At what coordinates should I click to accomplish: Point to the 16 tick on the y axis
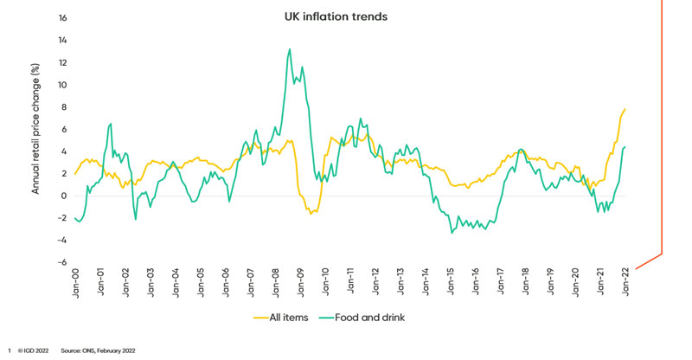pos(61,18)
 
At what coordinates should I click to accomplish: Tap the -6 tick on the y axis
pos(61,262)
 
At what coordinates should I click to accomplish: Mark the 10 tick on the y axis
pos(61,85)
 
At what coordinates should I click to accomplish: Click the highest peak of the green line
pos(289,49)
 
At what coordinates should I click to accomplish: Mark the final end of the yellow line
pos(625,109)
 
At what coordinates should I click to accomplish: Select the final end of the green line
pos(625,147)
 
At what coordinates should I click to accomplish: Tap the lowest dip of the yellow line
pos(311,213)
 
